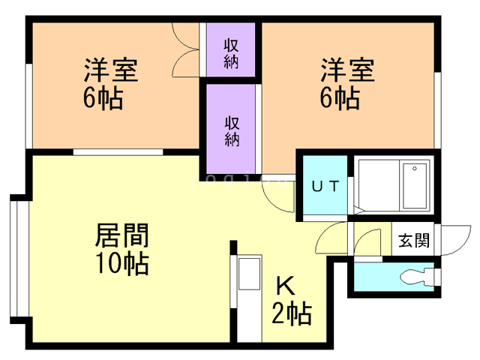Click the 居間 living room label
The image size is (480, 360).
[121, 236]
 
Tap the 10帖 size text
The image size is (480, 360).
[121, 263]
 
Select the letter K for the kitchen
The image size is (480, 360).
[284, 286]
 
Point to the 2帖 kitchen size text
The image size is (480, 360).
[291, 313]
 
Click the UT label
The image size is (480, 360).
[325, 185]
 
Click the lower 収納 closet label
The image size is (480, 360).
[231, 130]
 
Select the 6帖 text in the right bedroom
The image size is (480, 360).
[340, 98]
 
